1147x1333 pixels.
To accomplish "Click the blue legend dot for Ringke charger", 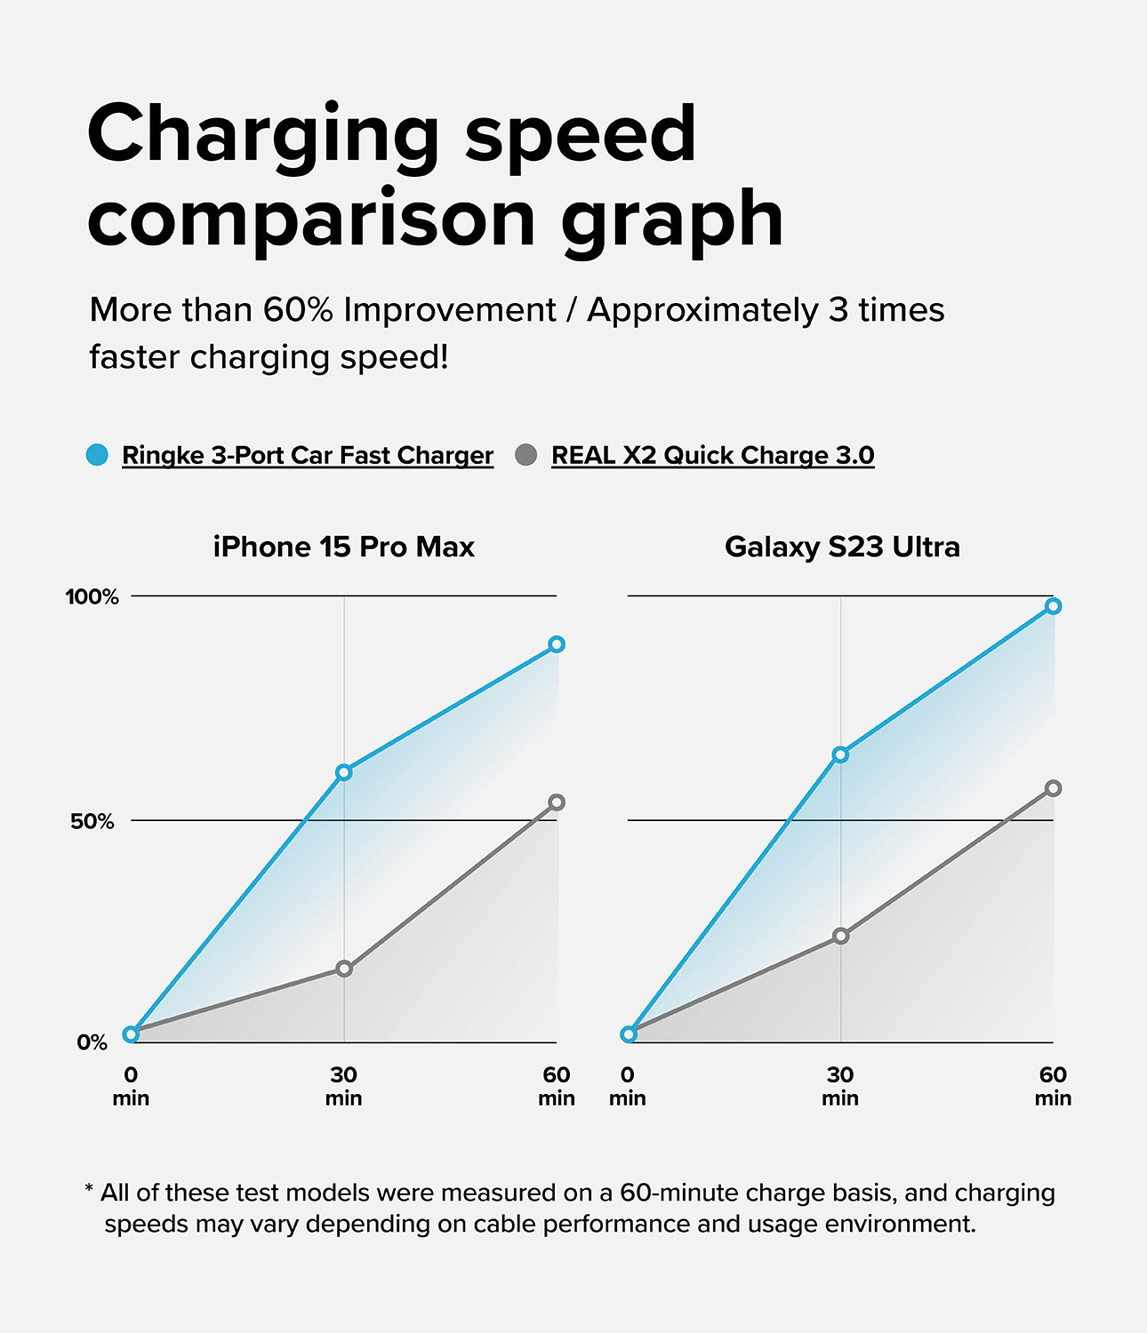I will click(97, 455).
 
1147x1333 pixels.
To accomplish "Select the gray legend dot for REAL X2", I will click(526, 455).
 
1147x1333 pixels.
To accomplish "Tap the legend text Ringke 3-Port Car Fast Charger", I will click(307, 455).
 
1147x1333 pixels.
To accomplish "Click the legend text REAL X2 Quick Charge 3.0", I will click(712, 455).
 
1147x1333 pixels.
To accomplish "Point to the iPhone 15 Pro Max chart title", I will click(343, 547).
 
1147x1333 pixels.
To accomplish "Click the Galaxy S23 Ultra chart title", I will click(842, 547).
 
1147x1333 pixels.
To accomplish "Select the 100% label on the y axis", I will click(92, 596).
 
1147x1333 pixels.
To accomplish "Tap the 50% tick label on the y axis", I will click(92, 821).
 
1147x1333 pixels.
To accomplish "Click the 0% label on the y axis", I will click(92, 1042).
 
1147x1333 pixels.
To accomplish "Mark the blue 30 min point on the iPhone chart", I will click(344, 772).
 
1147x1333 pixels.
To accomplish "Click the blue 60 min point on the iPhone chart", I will click(557, 644).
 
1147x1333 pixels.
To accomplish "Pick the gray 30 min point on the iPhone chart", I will click(344, 969).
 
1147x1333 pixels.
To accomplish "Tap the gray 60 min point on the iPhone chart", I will click(557, 802).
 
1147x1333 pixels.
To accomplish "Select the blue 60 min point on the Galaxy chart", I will click(1054, 606).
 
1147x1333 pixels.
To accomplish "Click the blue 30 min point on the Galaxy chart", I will click(840, 754).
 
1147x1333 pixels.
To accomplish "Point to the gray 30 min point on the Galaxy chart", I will click(841, 936).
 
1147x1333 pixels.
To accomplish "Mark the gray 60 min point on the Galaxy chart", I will click(1054, 788).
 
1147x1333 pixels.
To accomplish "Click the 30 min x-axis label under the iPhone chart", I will click(343, 1086).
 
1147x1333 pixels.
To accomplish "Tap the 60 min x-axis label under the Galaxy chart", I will click(1053, 1086).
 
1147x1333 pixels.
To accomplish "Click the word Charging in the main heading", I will click(263, 135).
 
